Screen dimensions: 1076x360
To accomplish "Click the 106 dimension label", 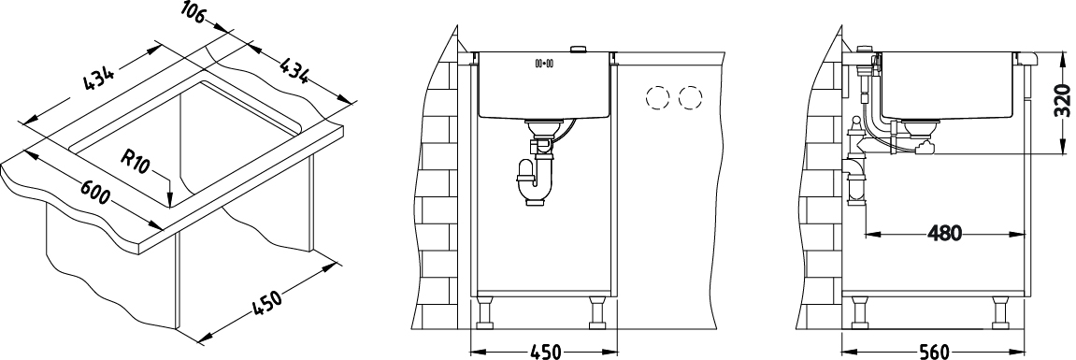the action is (194, 12).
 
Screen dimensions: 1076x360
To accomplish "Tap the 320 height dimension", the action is (1062, 101).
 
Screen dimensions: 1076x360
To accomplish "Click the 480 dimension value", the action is (944, 234).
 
